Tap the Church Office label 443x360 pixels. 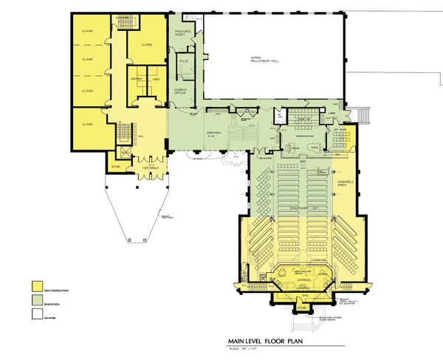click(180, 91)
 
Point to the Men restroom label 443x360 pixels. click(156, 79)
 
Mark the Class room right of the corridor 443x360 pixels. click(146, 44)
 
